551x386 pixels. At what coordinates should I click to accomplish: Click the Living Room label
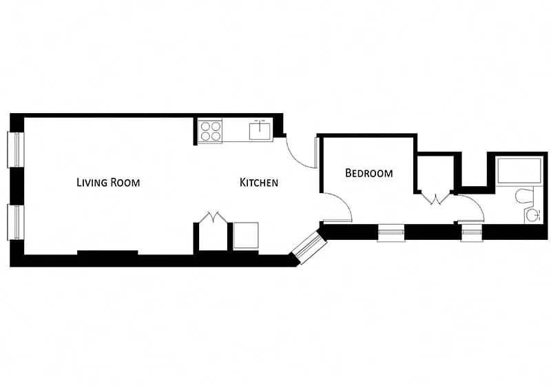108,183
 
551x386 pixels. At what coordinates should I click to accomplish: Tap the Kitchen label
258,183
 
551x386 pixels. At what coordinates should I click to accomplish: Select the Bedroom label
369,173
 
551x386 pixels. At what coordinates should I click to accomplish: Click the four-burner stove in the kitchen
211,131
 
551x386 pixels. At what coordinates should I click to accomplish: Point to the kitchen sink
260,130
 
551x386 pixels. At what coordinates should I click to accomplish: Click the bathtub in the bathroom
519,171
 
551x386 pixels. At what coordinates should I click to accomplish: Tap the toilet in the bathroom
523,196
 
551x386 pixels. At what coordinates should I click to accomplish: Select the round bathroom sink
533,215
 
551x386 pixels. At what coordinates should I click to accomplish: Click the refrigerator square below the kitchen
246,235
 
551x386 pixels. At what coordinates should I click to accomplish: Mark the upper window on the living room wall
14,149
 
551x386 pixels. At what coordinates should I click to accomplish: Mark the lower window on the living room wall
14,222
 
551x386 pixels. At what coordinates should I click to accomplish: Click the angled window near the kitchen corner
308,247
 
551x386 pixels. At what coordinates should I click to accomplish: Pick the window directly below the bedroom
391,233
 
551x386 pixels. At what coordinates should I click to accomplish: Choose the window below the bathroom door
472,232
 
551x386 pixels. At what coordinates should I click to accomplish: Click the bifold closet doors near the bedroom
436,199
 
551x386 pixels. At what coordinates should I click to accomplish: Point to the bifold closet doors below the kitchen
213,217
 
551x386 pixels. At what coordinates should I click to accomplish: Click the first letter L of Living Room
79,183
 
